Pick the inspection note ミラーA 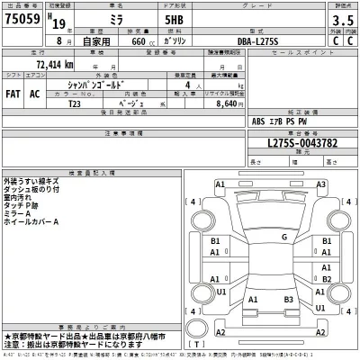[20, 212]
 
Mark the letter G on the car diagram [284, 238]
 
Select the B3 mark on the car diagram [288, 299]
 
